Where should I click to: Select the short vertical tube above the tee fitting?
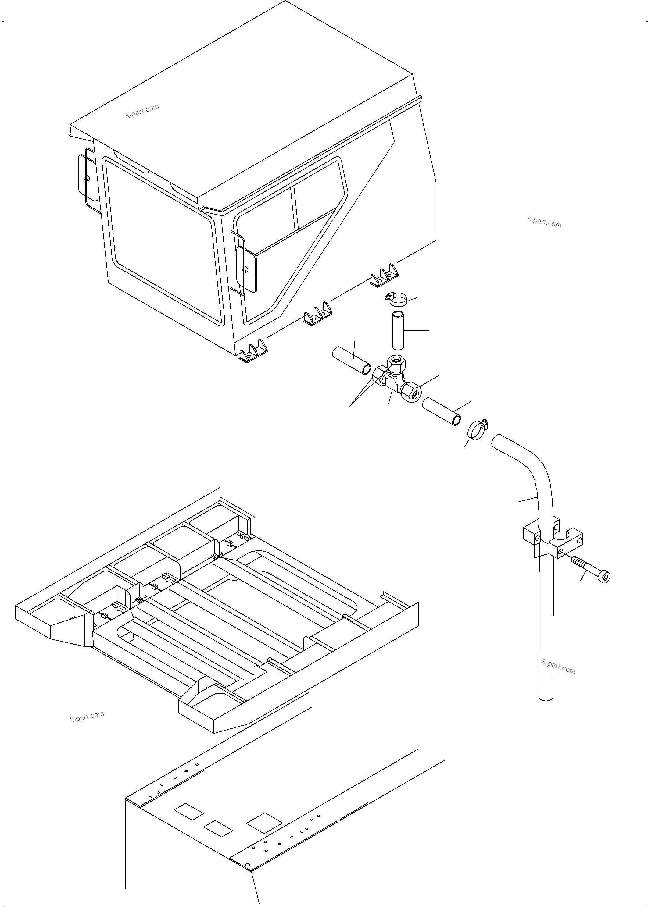pyautogui.click(x=398, y=331)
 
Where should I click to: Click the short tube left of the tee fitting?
pyautogui.click(x=352, y=361)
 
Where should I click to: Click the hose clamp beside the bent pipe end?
pyautogui.click(x=476, y=430)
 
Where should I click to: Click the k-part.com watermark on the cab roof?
pyautogui.click(x=142, y=111)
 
